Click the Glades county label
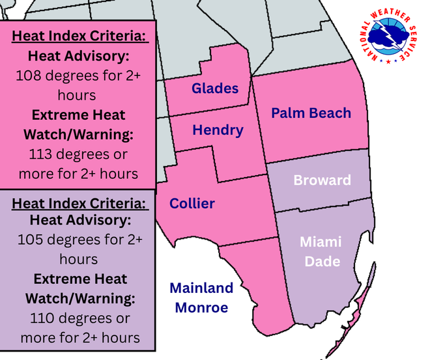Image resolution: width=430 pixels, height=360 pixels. click(215, 89)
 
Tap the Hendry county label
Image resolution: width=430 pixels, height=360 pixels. click(218, 130)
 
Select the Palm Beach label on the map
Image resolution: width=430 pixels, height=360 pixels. click(311, 113)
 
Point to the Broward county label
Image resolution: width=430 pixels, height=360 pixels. click(322, 180)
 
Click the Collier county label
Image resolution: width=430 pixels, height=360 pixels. click(192, 204)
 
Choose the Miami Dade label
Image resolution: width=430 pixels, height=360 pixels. click(320, 251)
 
